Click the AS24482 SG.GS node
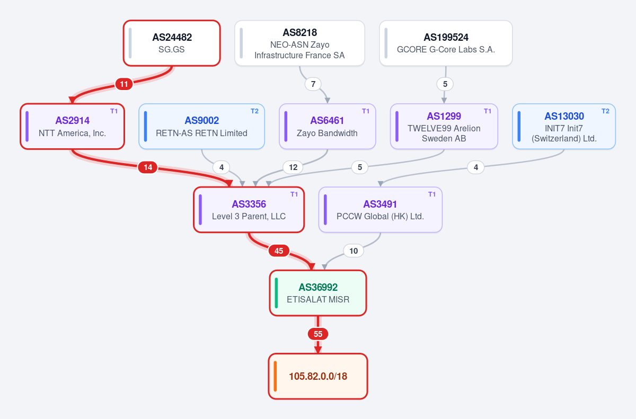coord(172,43)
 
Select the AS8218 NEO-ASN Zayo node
coord(299,43)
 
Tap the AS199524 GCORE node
coord(446,43)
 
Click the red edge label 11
coord(124,84)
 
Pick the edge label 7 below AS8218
coord(313,84)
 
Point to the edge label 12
coord(293,167)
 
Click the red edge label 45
coord(279,251)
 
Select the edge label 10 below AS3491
coord(354,251)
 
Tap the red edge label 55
coord(318,334)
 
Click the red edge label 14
coord(148,167)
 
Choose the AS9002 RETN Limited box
coord(201,127)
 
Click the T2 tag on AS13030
coord(605,111)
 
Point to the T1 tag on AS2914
coord(114,111)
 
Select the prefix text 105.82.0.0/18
coord(318,377)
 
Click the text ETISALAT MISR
coord(318,300)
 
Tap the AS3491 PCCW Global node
coord(380,210)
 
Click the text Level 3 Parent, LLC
coord(249,217)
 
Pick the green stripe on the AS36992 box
coord(276,293)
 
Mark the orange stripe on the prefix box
coord(275,376)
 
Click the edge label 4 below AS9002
coord(222,167)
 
